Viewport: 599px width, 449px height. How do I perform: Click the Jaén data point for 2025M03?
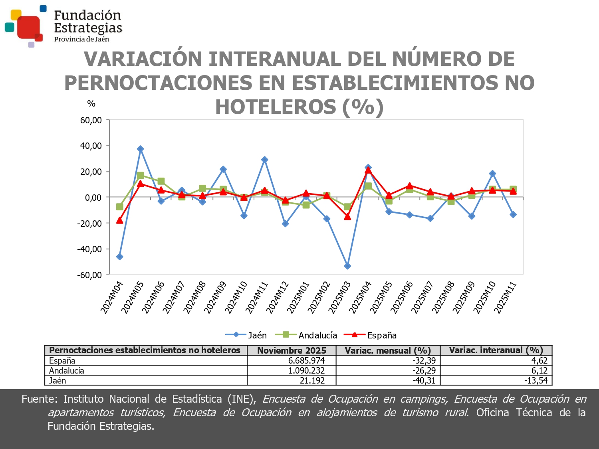(x=347, y=266)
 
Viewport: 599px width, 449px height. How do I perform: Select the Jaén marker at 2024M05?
(x=140, y=149)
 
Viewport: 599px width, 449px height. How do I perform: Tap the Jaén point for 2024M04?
(x=119, y=257)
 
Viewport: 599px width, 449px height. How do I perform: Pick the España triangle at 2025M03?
(x=347, y=217)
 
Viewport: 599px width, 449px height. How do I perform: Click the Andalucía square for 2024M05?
(x=140, y=175)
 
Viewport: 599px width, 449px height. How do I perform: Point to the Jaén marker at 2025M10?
(x=492, y=174)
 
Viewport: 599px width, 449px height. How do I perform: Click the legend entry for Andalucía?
(x=309, y=335)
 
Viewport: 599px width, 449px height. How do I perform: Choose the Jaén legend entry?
(x=246, y=335)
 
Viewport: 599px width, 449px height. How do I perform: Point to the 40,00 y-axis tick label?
(x=91, y=146)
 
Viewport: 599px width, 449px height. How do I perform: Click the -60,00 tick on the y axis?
(x=90, y=275)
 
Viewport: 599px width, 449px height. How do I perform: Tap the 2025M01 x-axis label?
(x=298, y=297)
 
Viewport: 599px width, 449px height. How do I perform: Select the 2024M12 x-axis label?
(x=278, y=297)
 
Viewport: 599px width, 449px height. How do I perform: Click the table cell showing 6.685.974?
(x=306, y=360)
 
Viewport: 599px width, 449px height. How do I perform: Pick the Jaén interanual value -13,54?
(x=536, y=380)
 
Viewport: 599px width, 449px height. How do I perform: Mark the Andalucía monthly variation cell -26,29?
(x=424, y=370)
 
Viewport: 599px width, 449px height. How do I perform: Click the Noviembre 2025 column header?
(x=292, y=350)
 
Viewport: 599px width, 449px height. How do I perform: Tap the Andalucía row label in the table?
(x=67, y=370)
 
